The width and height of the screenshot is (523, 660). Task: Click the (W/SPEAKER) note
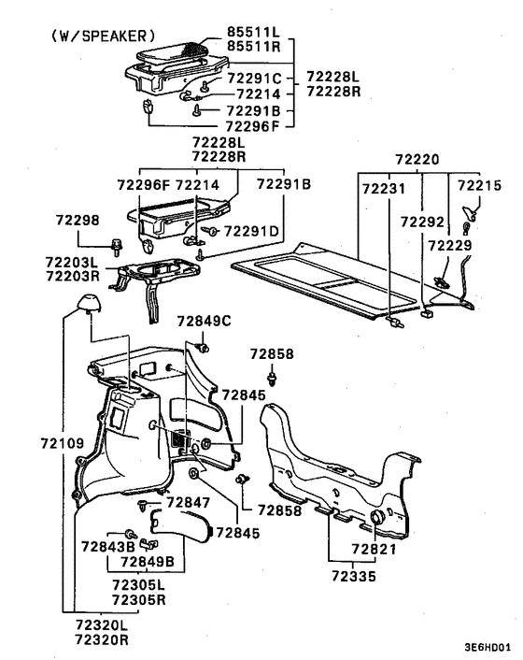tap(104, 36)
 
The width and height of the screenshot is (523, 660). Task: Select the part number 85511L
tap(253, 32)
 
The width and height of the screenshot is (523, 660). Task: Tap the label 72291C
tap(254, 79)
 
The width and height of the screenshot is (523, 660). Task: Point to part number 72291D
tap(251, 231)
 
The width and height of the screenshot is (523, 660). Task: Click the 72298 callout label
tap(78, 220)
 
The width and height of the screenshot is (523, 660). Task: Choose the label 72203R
tap(72, 277)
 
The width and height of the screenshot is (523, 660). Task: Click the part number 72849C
tap(204, 322)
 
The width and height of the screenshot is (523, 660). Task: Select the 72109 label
tap(63, 443)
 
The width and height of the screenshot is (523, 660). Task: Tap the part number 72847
tap(189, 502)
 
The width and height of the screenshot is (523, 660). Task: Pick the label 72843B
tap(108, 547)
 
